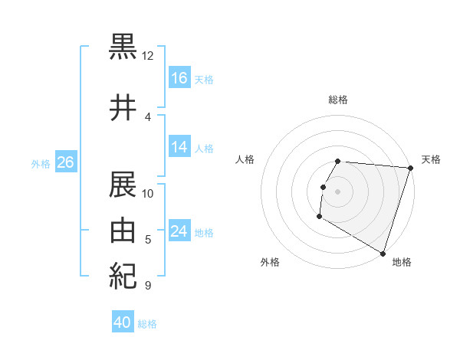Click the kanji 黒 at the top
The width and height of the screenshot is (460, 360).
point(123,47)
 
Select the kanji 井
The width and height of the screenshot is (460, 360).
point(123,108)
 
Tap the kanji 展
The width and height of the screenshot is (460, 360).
point(123,185)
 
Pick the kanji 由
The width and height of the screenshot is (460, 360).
point(123,231)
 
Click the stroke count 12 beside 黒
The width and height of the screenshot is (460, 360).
point(147,56)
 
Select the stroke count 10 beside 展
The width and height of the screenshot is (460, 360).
point(148,194)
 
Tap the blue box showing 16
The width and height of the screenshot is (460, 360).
point(179,78)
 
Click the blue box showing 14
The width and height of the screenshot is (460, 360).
point(179,147)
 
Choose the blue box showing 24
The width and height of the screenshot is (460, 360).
point(179,231)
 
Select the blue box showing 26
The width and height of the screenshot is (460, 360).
point(65,162)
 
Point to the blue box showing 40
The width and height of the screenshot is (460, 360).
point(123,322)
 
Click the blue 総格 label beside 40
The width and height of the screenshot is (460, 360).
point(147,324)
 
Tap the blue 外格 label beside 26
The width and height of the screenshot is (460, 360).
point(41,163)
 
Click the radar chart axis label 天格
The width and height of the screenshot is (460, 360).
point(431,159)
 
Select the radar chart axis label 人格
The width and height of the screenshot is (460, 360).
point(245,159)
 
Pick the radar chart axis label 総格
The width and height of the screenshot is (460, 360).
point(338,100)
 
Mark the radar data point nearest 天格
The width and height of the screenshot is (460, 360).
point(410,169)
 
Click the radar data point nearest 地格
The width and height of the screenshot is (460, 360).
point(382,253)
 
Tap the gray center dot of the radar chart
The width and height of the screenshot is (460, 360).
point(338,191)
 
